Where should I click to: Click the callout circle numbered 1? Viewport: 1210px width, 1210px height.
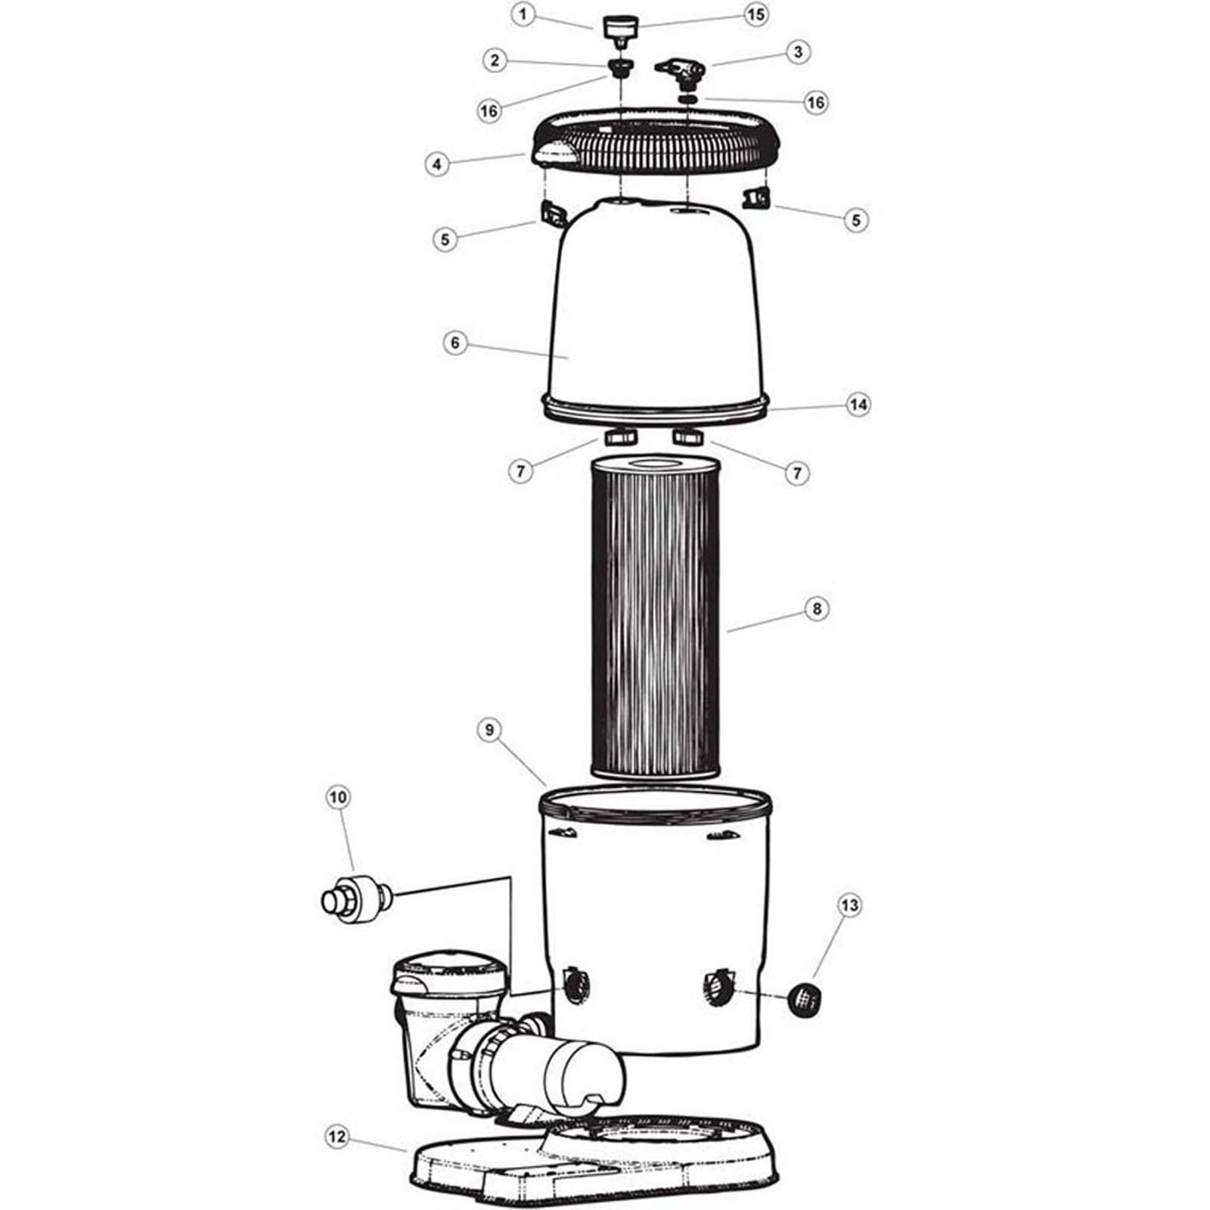522,14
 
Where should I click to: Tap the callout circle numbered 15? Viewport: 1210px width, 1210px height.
755,14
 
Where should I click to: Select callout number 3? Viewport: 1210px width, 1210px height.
797,52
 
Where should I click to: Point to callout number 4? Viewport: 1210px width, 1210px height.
436,163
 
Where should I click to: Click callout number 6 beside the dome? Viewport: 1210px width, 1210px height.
455,343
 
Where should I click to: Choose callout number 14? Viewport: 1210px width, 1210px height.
858,405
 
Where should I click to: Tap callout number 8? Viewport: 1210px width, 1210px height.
816,608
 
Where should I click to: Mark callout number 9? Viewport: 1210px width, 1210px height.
489,730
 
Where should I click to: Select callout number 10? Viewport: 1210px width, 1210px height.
338,796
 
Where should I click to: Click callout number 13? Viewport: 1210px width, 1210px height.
850,905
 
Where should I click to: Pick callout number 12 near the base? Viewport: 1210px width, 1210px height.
338,1136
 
